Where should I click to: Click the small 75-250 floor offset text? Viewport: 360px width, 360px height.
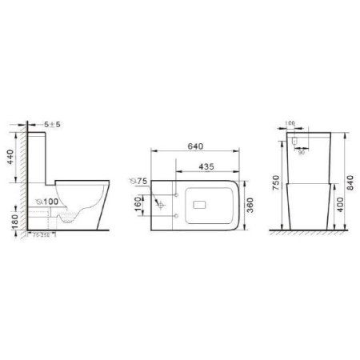[x=41, y=234]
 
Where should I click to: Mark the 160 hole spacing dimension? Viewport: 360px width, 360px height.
[x=138, y=204]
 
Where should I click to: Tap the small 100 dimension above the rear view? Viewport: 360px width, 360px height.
[x=290, y=124]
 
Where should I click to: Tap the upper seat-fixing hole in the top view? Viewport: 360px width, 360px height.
[x=171, y=194]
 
